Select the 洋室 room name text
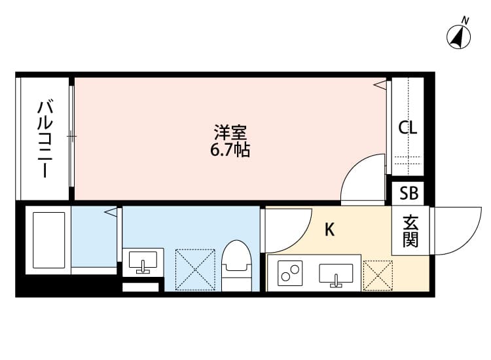tap(230, 132)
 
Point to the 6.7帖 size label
tap(230, 150)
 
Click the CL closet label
tap(408, 128)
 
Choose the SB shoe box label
tap(409, 193)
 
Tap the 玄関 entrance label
tap(411, 231)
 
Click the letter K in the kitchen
tap(329, 230)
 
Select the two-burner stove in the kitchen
tap(290, 274)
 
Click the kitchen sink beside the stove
tap(336, 276)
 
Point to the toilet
tap(236, 266)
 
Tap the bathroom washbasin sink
tap(143, 262)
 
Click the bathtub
tap(48, 240)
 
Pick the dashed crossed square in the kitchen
tap(378, 276)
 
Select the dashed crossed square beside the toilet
tap(195, 270)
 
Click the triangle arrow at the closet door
tap(380, 84)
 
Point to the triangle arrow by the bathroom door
tap(111, 212)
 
